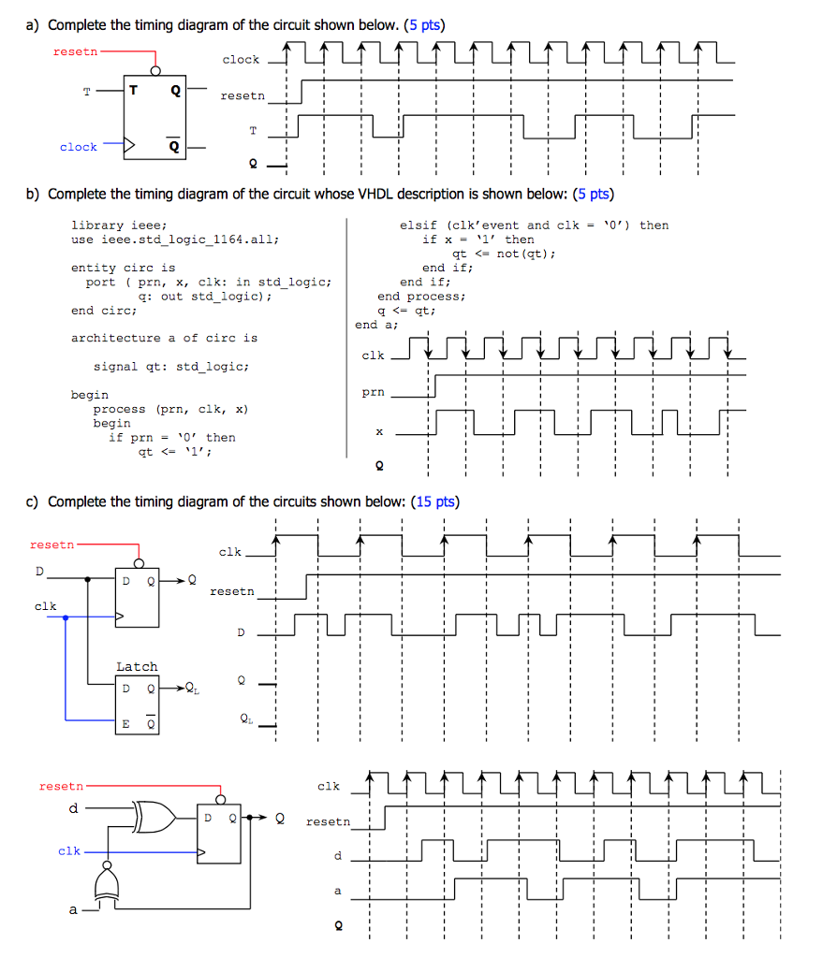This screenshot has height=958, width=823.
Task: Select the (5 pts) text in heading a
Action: (424, 24)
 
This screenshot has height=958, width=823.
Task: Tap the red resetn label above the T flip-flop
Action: (75, 51)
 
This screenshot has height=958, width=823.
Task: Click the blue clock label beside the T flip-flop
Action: (78, 147)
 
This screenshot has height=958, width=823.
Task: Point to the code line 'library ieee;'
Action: (119, 225)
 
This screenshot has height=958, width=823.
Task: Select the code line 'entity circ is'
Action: (123, 268)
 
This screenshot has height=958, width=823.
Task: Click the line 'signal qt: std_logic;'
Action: (170, 367)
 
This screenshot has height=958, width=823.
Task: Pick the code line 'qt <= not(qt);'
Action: (504, 254)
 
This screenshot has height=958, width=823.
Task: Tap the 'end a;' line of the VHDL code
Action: (376, 325)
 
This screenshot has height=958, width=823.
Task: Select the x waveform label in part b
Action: (379, 432)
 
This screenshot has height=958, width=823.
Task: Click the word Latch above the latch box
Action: (137, 666)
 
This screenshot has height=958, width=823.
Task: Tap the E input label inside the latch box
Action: (125, 723)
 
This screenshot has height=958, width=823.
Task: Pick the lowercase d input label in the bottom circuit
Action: (72, 808)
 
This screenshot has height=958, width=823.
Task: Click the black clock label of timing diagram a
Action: (241, 60)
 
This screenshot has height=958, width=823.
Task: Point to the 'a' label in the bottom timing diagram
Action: (338, 891)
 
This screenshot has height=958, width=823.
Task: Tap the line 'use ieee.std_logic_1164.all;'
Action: (175, 239)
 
